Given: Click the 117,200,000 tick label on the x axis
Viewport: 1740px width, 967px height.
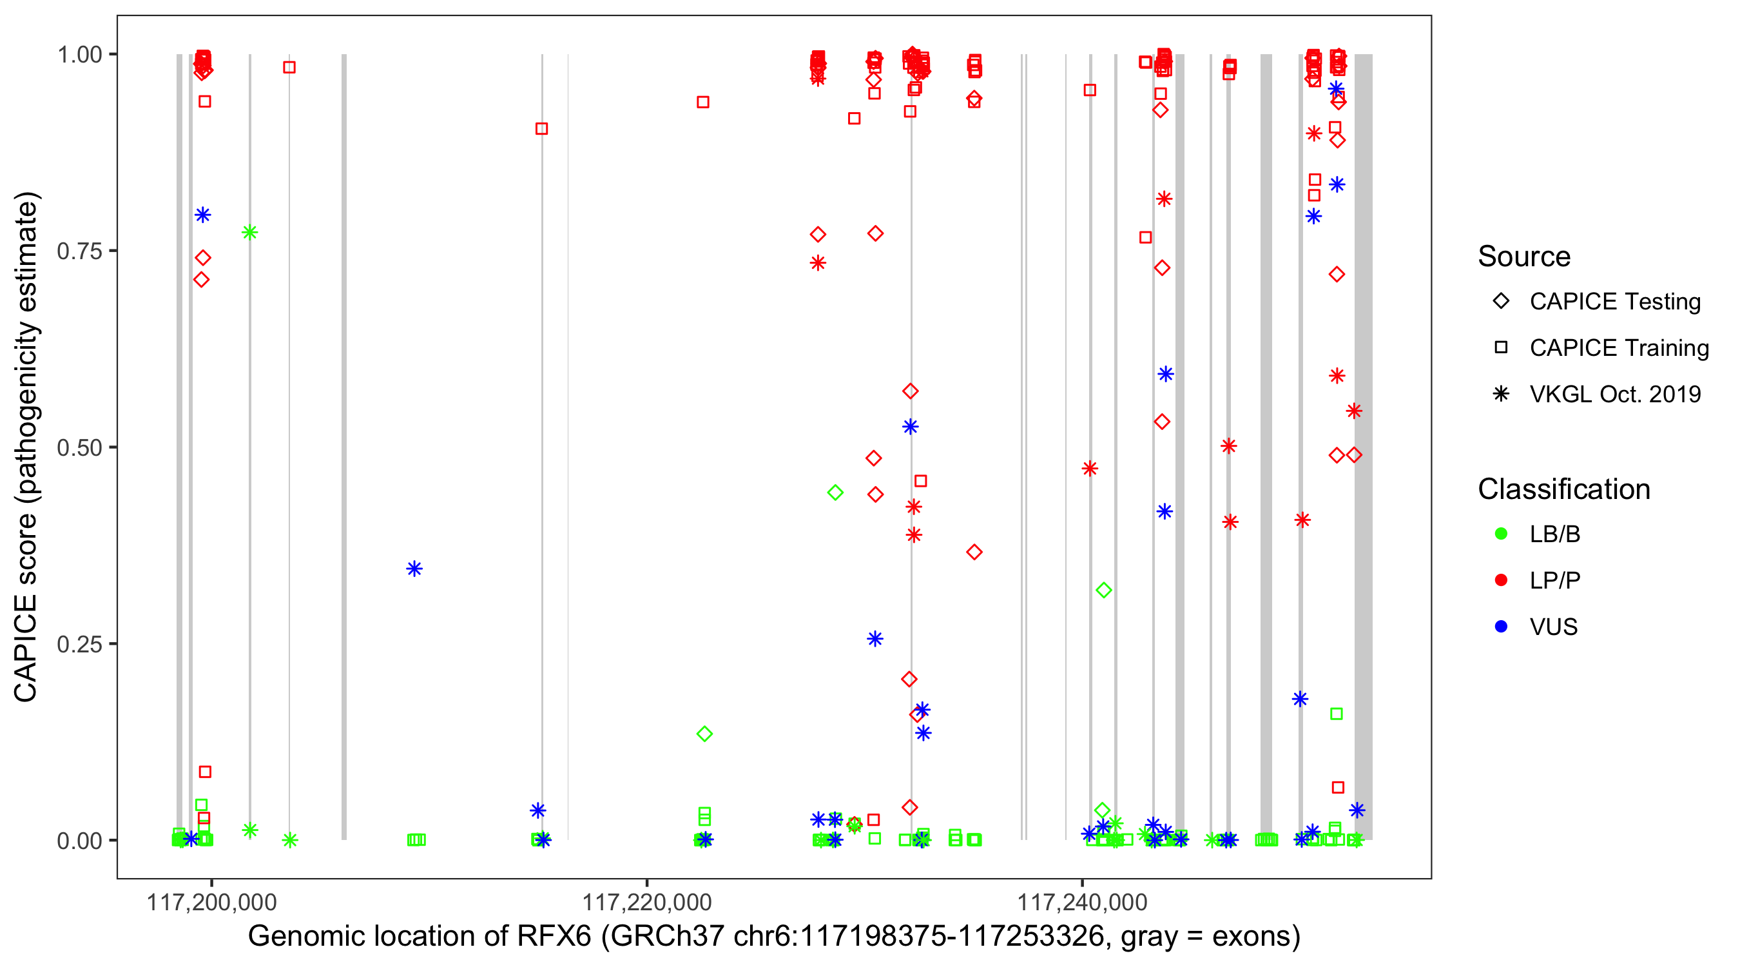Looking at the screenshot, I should tap(211, 902).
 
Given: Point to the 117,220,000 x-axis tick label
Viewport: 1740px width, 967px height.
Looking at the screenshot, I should tap(646, 902).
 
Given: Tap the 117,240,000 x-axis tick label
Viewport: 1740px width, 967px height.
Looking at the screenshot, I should tap(1082, 902).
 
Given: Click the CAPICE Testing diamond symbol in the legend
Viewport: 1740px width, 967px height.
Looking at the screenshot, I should tap(1501, 302).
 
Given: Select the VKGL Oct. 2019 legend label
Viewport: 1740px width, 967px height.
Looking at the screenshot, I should tap(1615, 394).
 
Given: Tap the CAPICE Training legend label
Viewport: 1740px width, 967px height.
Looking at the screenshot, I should tap(1619, 348).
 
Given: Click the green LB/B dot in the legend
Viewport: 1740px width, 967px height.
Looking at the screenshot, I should tap(1501, 534).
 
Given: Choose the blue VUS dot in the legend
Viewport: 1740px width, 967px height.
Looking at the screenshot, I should tap(1501, 627).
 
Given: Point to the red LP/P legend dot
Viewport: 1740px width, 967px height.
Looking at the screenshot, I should tap(1501, 580).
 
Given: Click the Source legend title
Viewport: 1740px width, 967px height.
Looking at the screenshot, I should tap(1524, 257).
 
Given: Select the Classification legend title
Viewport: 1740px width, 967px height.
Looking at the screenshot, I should tap(1563, 489).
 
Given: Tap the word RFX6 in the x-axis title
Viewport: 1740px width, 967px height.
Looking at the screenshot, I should tap(553, 937).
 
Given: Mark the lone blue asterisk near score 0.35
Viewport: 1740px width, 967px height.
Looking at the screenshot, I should tap(414, 569).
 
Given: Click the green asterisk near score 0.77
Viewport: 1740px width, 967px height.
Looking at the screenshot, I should tap(249, 233).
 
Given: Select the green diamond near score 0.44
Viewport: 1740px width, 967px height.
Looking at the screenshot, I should tap(835, 493).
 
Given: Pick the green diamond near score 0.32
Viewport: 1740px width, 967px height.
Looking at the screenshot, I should tap(1103, 591).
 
